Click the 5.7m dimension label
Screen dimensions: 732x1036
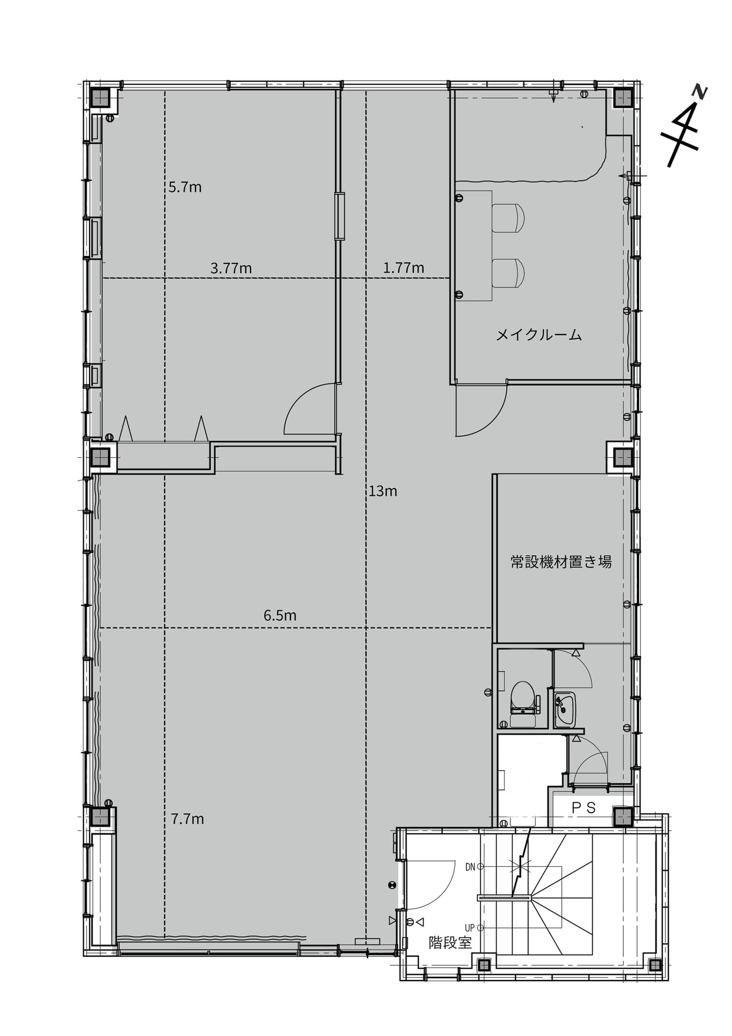click(x=185, y=187)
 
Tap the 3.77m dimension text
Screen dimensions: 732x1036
click(x=231, y=268)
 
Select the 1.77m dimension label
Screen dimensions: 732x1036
click(x=404, y=268)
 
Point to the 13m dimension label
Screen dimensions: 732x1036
click(x=383, y=491)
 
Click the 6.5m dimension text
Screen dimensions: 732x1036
click(x=280, y=615)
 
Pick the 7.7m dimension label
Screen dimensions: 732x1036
click(x=188, y=819)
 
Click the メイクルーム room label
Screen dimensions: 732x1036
click(x=539, y=335)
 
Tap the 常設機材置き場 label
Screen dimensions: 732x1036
click(x=561, y=561)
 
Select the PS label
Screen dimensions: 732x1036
click(x=584, y=807)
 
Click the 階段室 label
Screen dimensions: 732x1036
click(x=450, y=942)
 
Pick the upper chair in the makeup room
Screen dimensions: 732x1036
click(x=508, y=218)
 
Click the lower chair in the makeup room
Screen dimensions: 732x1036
click(x=508, y=273)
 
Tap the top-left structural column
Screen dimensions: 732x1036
click(x=100, y=98)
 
